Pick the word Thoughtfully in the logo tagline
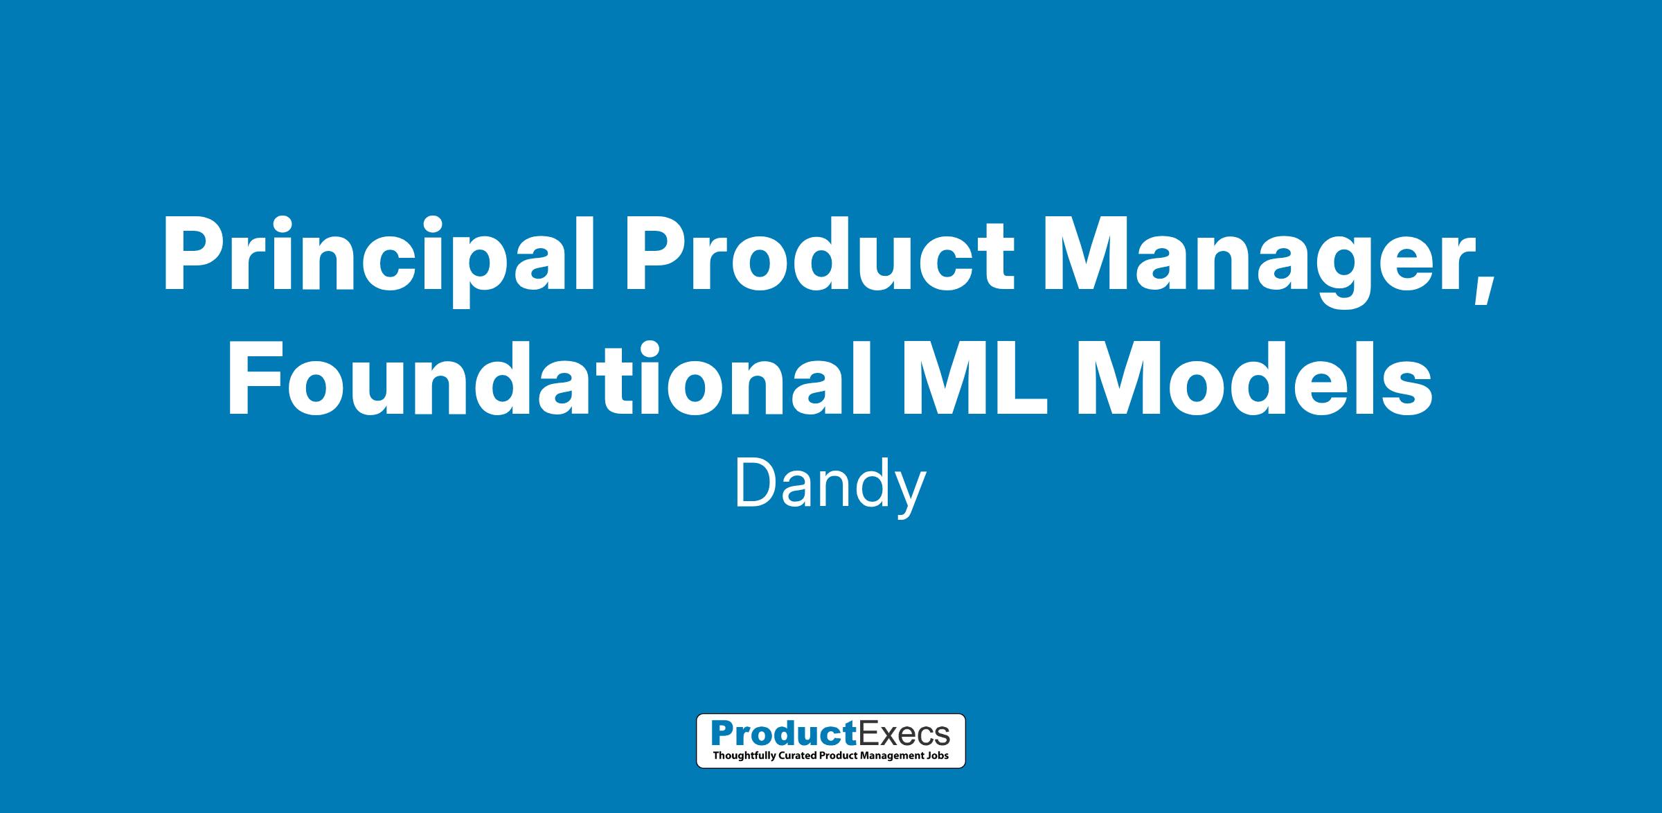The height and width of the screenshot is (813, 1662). (x=742, y=755)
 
